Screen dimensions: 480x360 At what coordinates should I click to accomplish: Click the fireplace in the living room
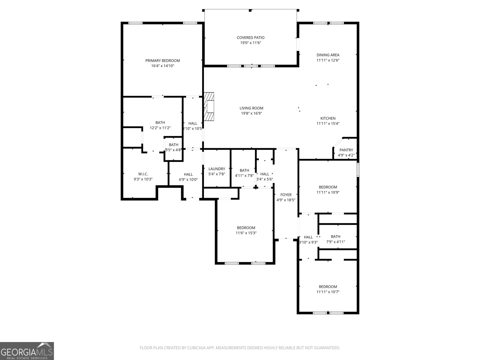click(209, 106)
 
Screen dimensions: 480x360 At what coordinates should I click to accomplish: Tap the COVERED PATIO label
click(250, 37)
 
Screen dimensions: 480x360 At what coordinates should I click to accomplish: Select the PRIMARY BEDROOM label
click(163, 61)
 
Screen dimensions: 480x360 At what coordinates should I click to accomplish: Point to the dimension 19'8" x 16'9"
click(251, 113)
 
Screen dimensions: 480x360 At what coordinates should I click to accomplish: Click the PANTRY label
click(346, 150)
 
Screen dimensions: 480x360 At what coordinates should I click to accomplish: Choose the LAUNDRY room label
click(217, 169)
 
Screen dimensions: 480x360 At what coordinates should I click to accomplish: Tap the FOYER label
click(286, 195)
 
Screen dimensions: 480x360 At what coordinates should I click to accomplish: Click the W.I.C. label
click(143, 174)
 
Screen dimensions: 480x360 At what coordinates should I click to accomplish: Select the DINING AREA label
click(328, 55)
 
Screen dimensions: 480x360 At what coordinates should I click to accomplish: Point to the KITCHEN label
click(328, 118)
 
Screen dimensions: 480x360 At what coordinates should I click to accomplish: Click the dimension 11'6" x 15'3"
click(246, 233)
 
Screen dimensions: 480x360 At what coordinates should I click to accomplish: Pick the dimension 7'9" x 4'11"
click(335, 242)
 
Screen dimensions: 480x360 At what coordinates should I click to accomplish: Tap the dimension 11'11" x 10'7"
click(328, 292)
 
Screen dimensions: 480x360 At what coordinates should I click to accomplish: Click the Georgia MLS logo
click(27, 351)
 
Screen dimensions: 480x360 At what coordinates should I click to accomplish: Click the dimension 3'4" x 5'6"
click(265, 179)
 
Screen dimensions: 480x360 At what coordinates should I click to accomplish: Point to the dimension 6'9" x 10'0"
click(188, 179)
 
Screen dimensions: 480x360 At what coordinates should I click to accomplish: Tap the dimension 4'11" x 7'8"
click(244, 175)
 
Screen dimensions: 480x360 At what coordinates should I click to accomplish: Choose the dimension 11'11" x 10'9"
click(328, 192)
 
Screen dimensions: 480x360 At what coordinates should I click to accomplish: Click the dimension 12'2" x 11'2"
click(160, 128)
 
